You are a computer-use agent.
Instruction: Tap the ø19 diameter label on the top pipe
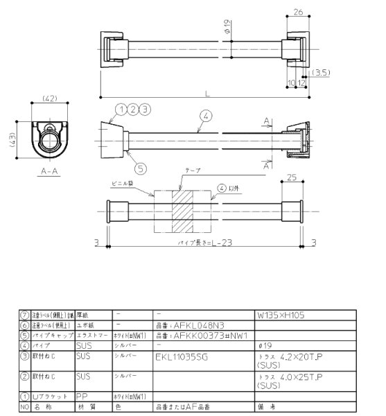[x=227, y=27]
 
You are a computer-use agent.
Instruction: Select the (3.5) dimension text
[x=320, y=72]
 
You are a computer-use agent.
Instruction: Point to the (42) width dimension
[x=49, y=99]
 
